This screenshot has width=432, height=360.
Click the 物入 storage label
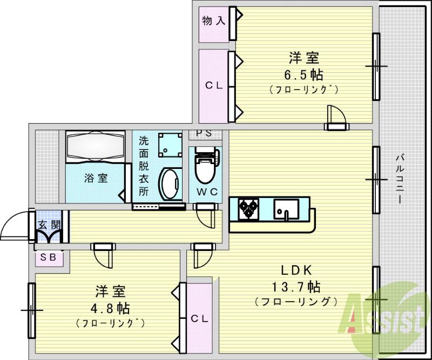click(213, 22)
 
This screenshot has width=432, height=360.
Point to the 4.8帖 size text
click(110, 309)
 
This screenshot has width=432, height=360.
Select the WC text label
click(206, 192)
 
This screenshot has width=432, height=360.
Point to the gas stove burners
click(249, 208)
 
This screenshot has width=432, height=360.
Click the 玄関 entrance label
click(48, 225)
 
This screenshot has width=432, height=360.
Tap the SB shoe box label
click(49, 257)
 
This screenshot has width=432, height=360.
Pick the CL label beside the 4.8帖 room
click(199, 318)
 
